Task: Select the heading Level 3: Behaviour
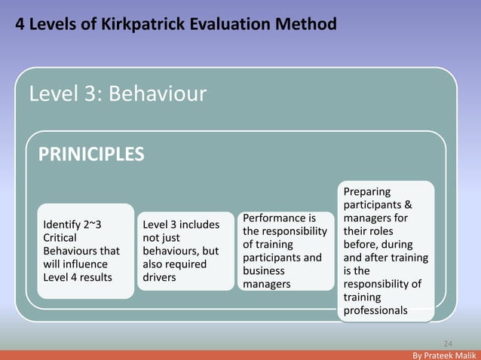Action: coord(117,94)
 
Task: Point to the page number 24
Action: coord(447,340)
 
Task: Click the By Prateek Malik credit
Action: coord(445,354)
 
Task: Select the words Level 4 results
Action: coord(78,277)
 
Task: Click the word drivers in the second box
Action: coord(159,277)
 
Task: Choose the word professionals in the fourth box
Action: coord(375,310)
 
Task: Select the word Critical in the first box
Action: coord(60,238)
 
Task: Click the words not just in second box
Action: coord(161,238)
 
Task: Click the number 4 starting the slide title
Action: coord(21,25)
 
